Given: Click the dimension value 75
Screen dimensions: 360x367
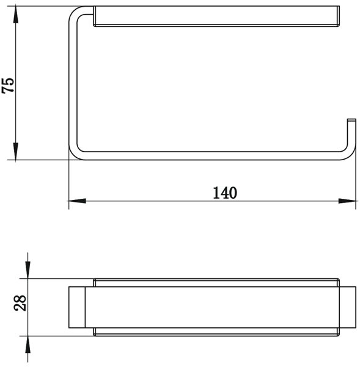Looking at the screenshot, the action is (9, 86).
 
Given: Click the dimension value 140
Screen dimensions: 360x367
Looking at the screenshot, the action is (225, 193).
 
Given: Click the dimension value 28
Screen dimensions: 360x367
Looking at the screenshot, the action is (20, 303).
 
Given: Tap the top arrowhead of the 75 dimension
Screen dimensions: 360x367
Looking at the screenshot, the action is (16, 15).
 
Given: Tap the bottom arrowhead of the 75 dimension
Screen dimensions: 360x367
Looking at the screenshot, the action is (16, 152).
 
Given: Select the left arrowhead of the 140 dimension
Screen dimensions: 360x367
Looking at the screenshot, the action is (77, 201).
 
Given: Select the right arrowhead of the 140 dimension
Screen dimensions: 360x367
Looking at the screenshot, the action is (347, 201).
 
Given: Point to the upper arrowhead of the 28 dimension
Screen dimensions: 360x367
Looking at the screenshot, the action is (28, 270).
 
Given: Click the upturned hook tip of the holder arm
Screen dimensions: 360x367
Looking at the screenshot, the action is (351, 120).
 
